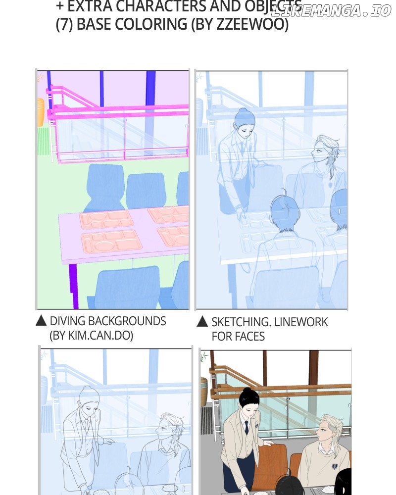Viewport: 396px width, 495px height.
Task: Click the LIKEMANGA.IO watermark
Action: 331,11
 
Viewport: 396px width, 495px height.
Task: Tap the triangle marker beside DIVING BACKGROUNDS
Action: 41,321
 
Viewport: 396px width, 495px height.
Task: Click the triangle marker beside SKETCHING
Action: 202,322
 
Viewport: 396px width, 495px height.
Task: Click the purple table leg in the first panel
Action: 74,286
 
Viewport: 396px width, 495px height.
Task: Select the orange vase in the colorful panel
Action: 41,112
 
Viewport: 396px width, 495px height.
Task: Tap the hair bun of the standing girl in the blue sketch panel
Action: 243,111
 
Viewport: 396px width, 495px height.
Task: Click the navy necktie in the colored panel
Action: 247,428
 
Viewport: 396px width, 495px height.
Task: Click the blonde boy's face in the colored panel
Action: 324,432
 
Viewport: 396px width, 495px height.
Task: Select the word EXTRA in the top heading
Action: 90,6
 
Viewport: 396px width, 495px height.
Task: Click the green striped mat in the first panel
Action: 44,141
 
